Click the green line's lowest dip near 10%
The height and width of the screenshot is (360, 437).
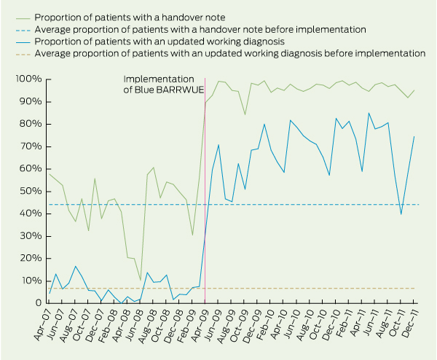[x=141, y=281]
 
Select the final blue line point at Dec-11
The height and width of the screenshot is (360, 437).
[x=414, y=136]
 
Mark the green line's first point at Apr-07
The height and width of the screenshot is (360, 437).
[x=49, y=173]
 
